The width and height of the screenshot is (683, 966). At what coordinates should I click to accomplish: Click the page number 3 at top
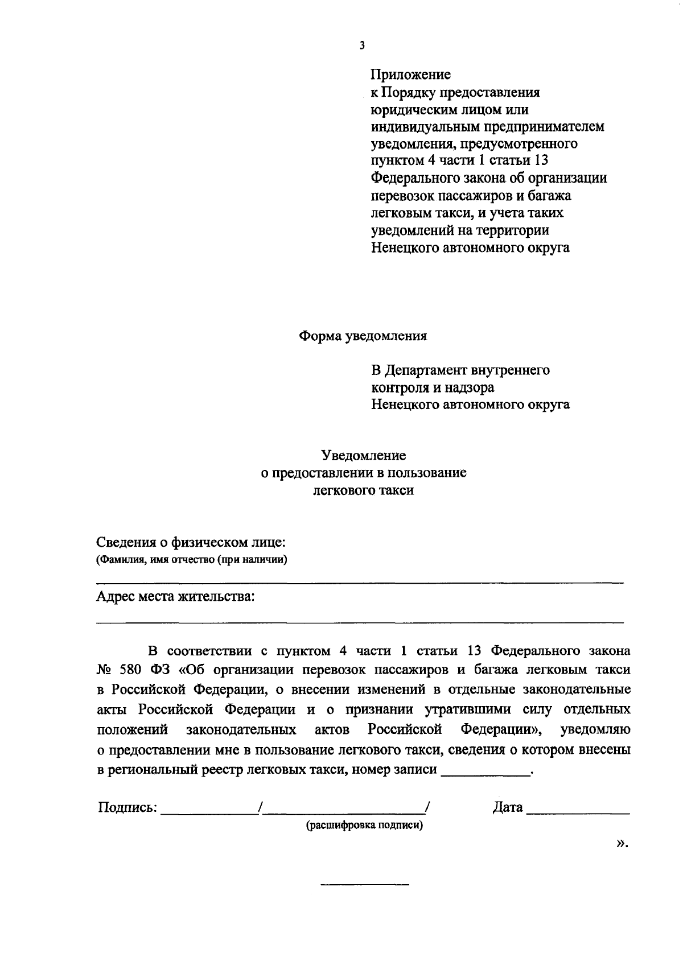(x=362, y=46)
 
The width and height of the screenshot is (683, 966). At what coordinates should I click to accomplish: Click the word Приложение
(x=410, y=75)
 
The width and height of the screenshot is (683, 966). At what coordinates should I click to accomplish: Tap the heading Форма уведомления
(x=363, y=336)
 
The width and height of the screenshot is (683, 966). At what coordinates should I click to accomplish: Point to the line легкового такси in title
(x=363, y=490)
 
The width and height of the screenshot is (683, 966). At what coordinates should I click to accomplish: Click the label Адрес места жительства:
(x=175, y=597)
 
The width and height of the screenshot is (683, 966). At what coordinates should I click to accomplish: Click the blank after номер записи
(x=485, y=771)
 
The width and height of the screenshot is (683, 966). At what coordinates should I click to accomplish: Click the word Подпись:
(x=127, y=807)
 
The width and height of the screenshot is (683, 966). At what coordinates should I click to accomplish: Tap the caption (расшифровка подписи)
(x=365, y=825)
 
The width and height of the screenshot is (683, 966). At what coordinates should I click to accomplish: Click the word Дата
(x=507, y=807)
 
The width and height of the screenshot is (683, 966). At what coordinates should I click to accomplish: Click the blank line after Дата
(x=578, y=809)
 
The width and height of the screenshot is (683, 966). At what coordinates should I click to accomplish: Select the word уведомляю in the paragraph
(x=595, y=729)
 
